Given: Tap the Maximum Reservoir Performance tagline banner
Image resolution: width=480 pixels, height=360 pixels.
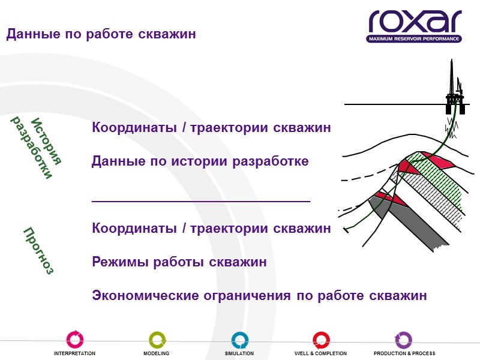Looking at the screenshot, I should click(414, 39).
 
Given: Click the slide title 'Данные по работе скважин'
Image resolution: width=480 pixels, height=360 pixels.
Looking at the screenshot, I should click(101, 34).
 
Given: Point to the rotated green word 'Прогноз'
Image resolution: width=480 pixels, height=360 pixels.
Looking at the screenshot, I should click(38, 251).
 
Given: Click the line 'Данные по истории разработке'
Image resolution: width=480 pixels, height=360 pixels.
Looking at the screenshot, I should click(200, 161).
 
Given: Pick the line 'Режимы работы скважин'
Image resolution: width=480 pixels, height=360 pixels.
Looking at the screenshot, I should click(179, 262).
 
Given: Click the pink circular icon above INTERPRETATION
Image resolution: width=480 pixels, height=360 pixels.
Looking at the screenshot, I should click(75, 340).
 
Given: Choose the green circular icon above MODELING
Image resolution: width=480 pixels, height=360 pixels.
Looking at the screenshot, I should click(157, 340).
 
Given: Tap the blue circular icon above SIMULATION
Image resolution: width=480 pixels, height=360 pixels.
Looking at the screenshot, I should click(239, 340).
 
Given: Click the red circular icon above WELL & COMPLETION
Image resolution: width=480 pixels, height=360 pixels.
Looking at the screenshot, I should click(321, 340).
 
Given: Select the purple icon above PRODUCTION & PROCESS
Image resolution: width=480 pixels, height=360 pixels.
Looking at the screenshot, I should click(403, 340).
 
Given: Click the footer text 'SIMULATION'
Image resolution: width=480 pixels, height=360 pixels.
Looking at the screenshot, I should click(239, 353).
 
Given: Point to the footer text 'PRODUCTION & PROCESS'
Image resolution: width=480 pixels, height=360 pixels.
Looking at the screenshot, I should click(404, 353).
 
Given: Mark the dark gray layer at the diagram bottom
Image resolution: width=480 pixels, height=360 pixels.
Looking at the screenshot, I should click(414, 222).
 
